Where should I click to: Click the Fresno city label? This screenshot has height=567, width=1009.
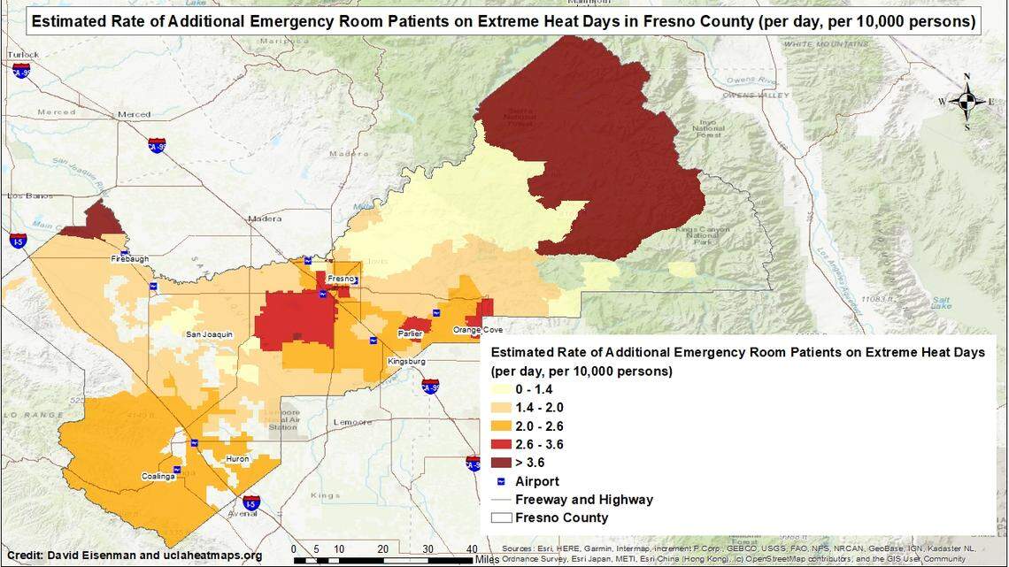coord(340,278)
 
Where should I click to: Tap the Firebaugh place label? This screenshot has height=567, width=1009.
coord(131,259)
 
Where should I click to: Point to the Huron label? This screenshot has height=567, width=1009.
coord(237,459)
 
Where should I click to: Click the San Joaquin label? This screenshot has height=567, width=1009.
coord(209,334)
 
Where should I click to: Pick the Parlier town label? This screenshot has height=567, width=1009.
coord(409,333)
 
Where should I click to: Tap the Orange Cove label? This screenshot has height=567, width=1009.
coord(478,330)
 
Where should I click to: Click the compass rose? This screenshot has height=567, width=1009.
coord(967,101)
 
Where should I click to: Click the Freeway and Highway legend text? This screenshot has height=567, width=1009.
coord(584,500)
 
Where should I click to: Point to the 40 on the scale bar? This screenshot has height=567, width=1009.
coord(473,548)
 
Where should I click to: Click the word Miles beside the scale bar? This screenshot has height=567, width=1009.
coord(487,559)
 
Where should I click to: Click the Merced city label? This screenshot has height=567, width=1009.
coord(135,115)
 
